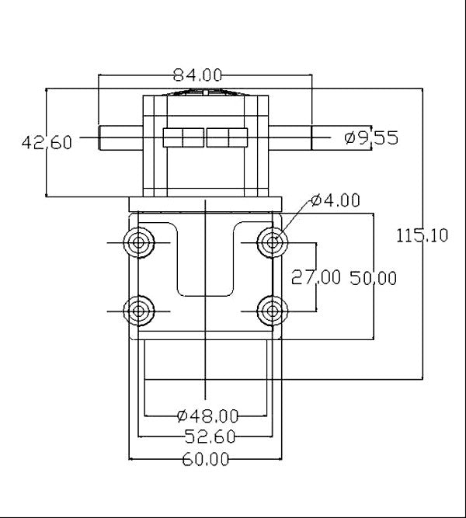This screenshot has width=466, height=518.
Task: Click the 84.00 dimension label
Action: (197, 75)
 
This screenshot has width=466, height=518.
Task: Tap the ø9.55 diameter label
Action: (370, 138)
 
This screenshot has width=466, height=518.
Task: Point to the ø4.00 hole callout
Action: (335, 200)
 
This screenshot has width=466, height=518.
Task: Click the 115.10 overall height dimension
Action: (422, 235)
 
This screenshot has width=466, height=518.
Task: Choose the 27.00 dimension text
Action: (315, 278)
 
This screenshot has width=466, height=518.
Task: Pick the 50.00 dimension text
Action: (374, 278)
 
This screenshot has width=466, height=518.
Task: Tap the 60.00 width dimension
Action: (206, 459)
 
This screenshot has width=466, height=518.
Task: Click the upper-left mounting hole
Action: (140, 243)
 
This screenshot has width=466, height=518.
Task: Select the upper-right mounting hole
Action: (271, 243)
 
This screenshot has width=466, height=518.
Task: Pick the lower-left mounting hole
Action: (140, 311)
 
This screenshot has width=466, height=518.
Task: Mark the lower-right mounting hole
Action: (271, 311)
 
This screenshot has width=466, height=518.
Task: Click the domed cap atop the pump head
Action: (205, 92)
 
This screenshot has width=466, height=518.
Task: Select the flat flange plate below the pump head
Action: (205, 203)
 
